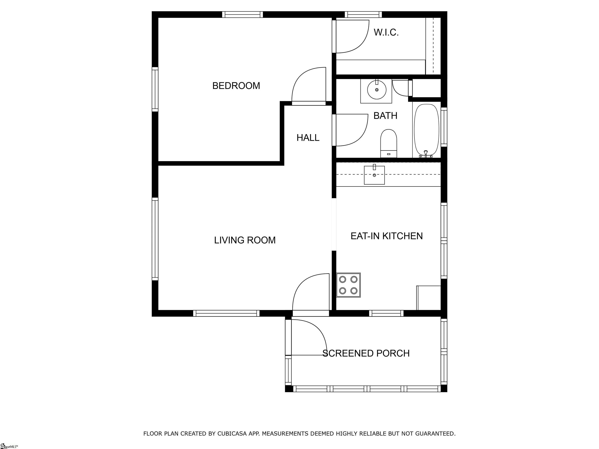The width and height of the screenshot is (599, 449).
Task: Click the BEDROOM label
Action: coord(236,86)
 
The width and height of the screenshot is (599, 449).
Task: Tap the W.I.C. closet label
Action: coord(386,33)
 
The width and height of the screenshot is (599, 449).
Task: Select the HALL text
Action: coord(308,138)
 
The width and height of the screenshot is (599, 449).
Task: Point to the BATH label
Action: coord(385,116)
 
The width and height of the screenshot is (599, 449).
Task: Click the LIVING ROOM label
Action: coord(245,240)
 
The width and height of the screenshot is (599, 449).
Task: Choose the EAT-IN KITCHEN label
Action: coord(386,236)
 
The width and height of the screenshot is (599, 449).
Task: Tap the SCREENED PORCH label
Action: coord(366,353)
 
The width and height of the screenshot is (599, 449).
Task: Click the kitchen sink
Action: coord(374,175)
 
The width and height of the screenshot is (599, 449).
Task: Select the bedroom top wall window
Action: coord(242,15)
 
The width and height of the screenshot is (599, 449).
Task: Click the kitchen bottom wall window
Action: coord(386,313)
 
